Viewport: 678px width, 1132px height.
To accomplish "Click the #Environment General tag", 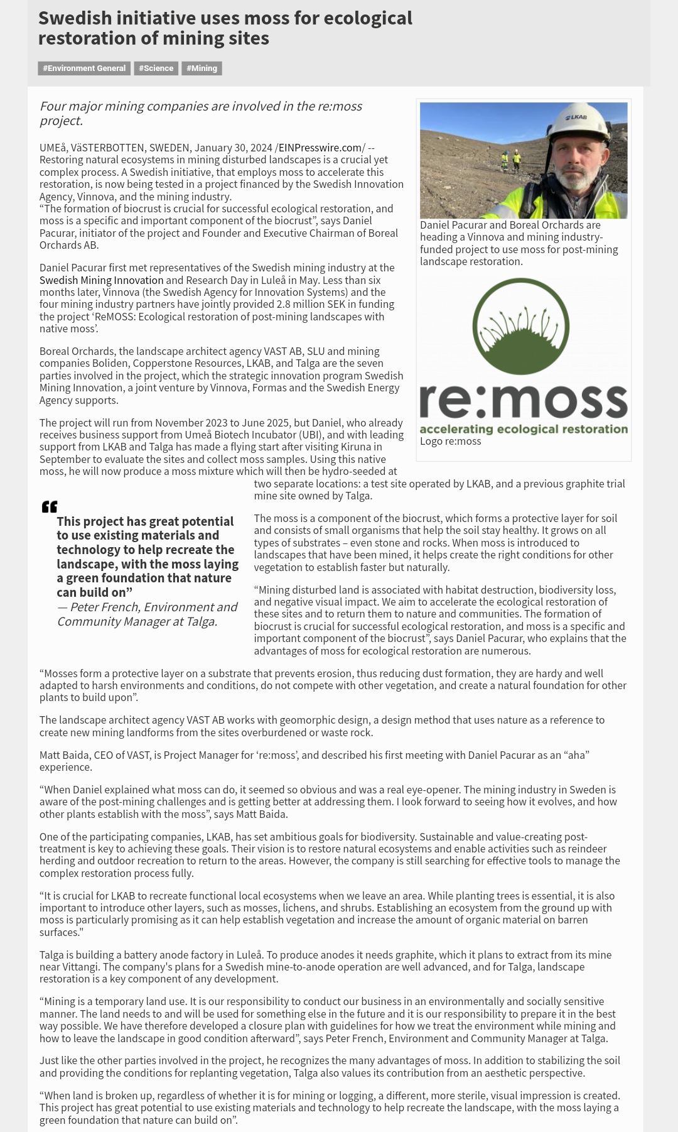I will (x=84, y=68).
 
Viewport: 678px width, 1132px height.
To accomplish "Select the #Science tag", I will (x=156, y=68).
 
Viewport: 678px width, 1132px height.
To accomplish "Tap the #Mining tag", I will (x=202, y=68).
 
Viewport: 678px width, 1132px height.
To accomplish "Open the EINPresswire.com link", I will (x=320, y=148).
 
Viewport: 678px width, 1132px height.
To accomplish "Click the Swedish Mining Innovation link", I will (x=101, y=280).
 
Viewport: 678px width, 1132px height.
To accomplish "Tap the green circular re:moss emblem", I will (x=520, y=327).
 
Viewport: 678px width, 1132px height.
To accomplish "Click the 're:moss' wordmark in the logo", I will (x=523, y=400).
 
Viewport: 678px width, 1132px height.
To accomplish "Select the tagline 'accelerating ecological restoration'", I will (x=523, y=430).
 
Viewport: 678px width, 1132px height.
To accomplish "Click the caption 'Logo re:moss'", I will (x=450, y=442).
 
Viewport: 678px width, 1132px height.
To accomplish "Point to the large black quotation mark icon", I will (x=50, y=506).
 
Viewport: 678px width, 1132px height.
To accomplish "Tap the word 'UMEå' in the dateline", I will (x=52, y=148).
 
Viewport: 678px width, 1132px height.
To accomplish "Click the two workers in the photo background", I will (x=510, y=161).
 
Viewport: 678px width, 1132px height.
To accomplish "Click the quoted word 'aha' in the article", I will (x=570, y=755).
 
